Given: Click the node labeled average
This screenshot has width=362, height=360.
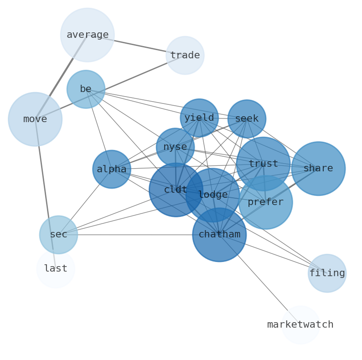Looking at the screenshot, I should [87, 35].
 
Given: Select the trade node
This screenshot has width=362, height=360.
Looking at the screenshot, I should [185, 56].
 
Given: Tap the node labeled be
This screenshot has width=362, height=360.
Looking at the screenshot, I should [86, 89].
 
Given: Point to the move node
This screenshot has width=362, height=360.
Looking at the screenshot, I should [35, 119].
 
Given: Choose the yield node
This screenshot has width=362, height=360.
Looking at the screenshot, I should [199, 118].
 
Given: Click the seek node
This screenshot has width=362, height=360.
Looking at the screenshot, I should [247, 119].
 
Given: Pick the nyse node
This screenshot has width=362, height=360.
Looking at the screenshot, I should [175, 147].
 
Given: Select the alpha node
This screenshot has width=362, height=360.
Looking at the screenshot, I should [112, 170].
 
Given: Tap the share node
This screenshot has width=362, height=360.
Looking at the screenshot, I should [318, 169].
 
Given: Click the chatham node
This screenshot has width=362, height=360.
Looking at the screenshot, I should [219, 235].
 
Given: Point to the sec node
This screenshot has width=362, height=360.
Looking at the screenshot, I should [58, 235].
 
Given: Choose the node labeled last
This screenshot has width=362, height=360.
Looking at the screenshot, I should [56, 269].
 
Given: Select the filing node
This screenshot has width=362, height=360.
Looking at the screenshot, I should [327, 273].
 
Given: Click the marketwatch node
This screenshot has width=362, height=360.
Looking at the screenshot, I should [300, 325].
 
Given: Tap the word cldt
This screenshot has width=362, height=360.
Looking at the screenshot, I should [176, 190].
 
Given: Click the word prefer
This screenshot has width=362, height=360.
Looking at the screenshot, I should [265, 202].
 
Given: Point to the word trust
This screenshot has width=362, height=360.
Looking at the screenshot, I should [263, 164].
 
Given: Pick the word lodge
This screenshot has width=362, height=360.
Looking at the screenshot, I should [213, 195].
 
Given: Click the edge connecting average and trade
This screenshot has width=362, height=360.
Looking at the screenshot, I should [137, 46].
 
